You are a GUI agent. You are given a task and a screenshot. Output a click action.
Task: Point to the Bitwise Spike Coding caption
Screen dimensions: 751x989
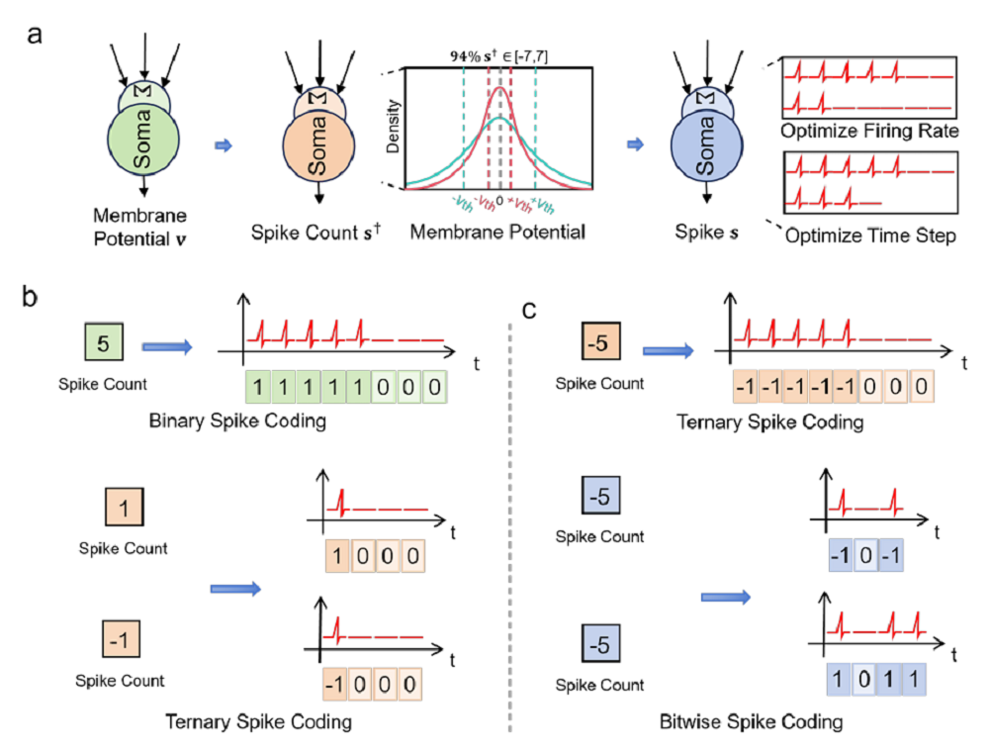point(752,723)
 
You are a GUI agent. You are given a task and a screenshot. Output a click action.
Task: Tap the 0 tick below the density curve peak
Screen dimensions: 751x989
point(500,201)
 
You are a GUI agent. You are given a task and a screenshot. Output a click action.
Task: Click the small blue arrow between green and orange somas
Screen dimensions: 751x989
point(223,145)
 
